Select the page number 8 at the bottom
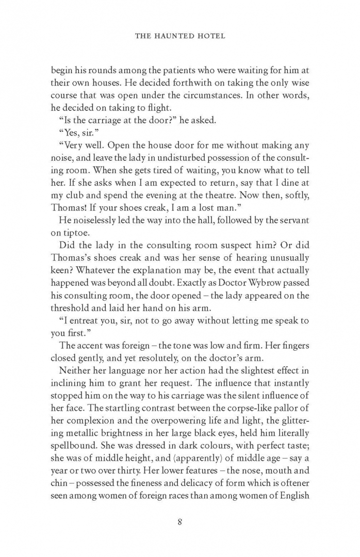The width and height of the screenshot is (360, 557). coord(179,521)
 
